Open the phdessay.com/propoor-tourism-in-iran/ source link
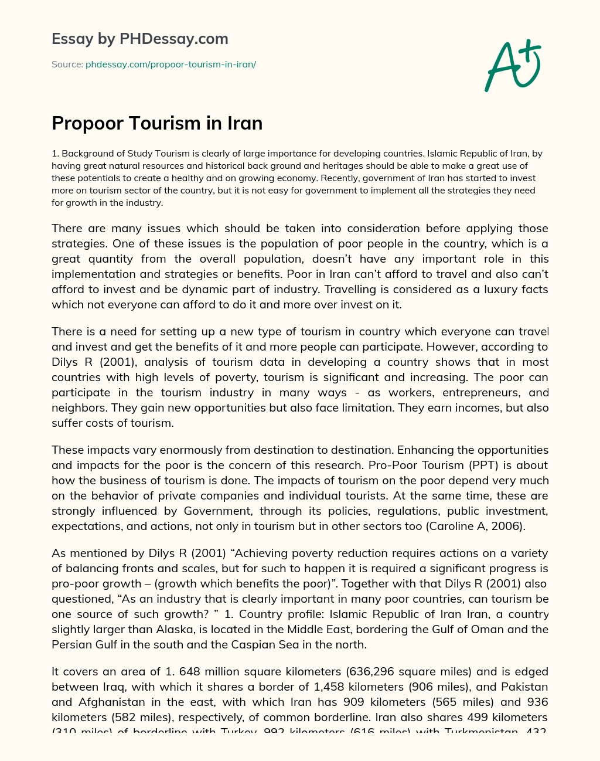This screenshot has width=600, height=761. [171, 64]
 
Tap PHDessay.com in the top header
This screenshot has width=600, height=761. [173, 39]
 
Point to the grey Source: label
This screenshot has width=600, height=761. [67, 64]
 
